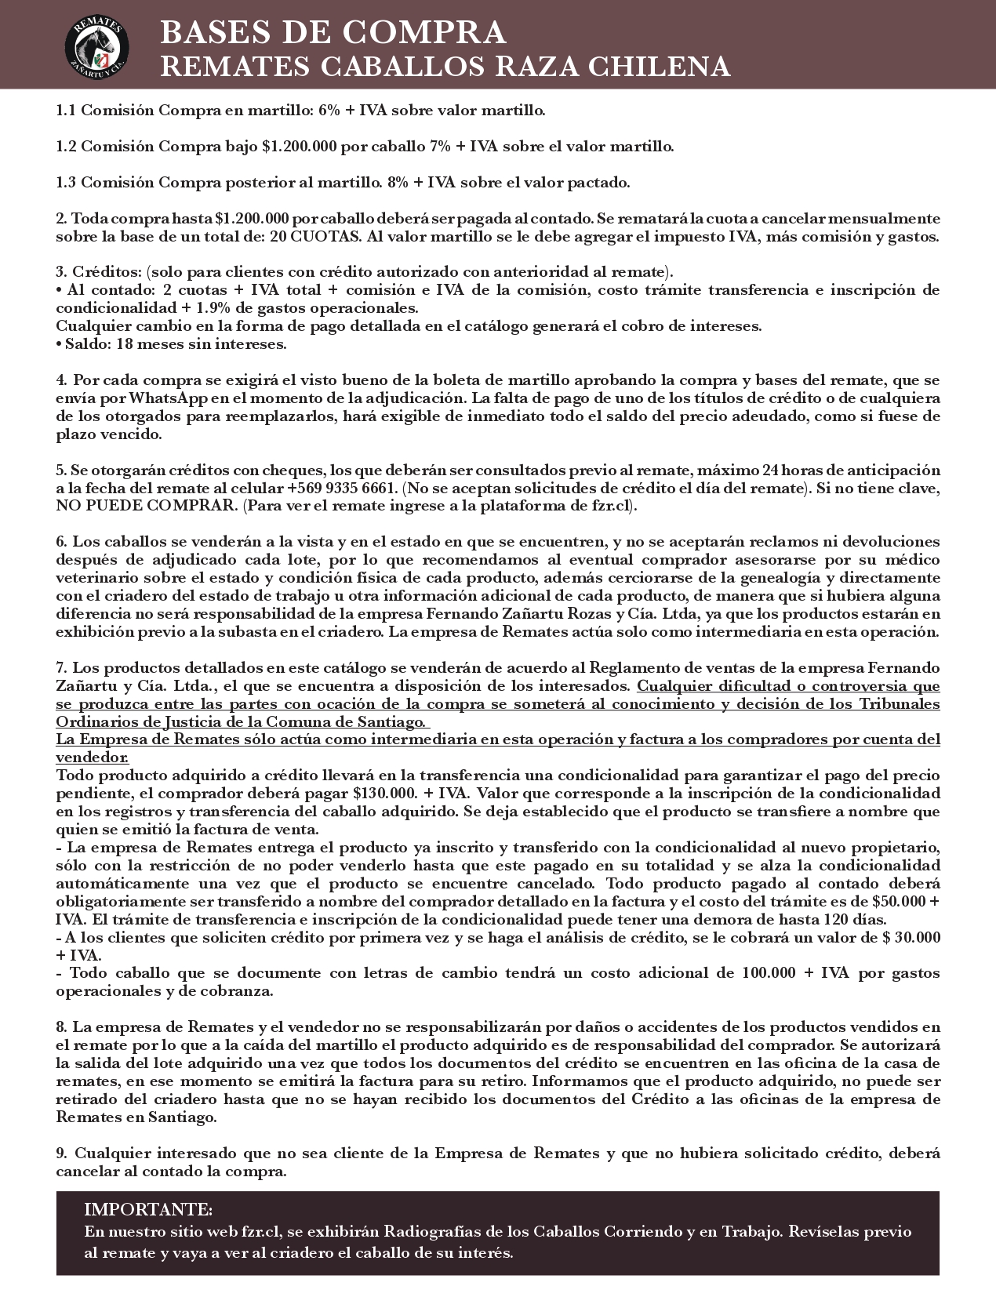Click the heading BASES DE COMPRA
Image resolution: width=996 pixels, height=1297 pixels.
coord(333,32)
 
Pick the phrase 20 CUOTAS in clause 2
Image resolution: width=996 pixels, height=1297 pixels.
coord(313,237)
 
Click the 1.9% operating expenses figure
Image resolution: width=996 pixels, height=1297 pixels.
coord(213,308)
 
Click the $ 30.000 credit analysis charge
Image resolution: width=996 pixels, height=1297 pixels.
coord(911,937)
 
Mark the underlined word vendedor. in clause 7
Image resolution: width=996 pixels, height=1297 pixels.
coord(92,757)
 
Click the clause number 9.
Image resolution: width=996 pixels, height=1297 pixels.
coord(62,1153)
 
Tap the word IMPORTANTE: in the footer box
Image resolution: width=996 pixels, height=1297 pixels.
coord(148,1208)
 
